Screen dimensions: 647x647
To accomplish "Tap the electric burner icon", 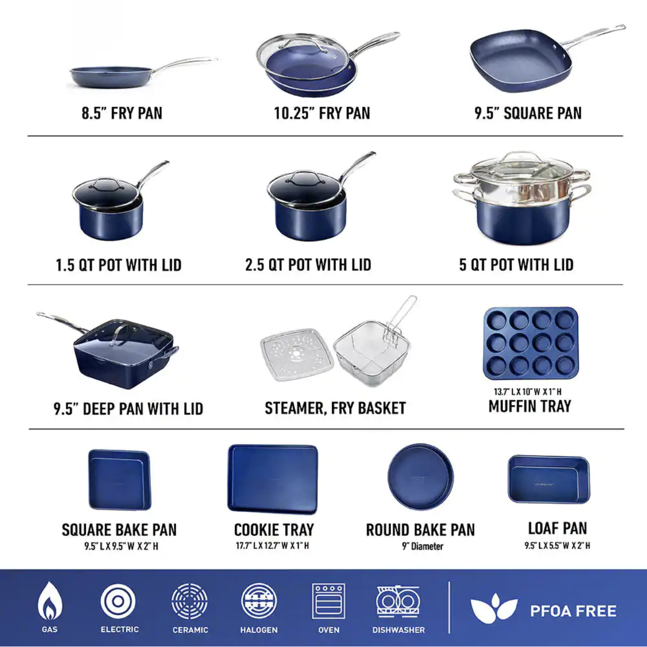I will point(118,601).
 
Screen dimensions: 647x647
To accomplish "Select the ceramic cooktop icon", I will point(190,601).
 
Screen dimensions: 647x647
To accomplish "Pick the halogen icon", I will point(259,601).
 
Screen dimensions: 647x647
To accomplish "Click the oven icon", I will point(328,601).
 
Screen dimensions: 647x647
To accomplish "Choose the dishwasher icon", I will point(398,601).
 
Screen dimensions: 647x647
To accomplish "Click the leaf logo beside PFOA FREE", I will point(494,608).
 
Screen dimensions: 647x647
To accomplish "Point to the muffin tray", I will point(531,343).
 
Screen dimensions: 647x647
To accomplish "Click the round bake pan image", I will point(421,477).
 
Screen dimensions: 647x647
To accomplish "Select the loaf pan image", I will point(548,479).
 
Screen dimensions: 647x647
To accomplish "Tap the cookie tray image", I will point(273,479).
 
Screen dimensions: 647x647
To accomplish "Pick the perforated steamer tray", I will point(297,354).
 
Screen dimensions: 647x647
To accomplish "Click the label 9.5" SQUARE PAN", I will point(528,113).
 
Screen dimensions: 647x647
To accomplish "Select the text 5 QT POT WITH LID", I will point(516,265).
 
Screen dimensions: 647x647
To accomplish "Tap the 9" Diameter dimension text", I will point(423,546).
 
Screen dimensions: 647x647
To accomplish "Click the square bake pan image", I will point(119,479).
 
